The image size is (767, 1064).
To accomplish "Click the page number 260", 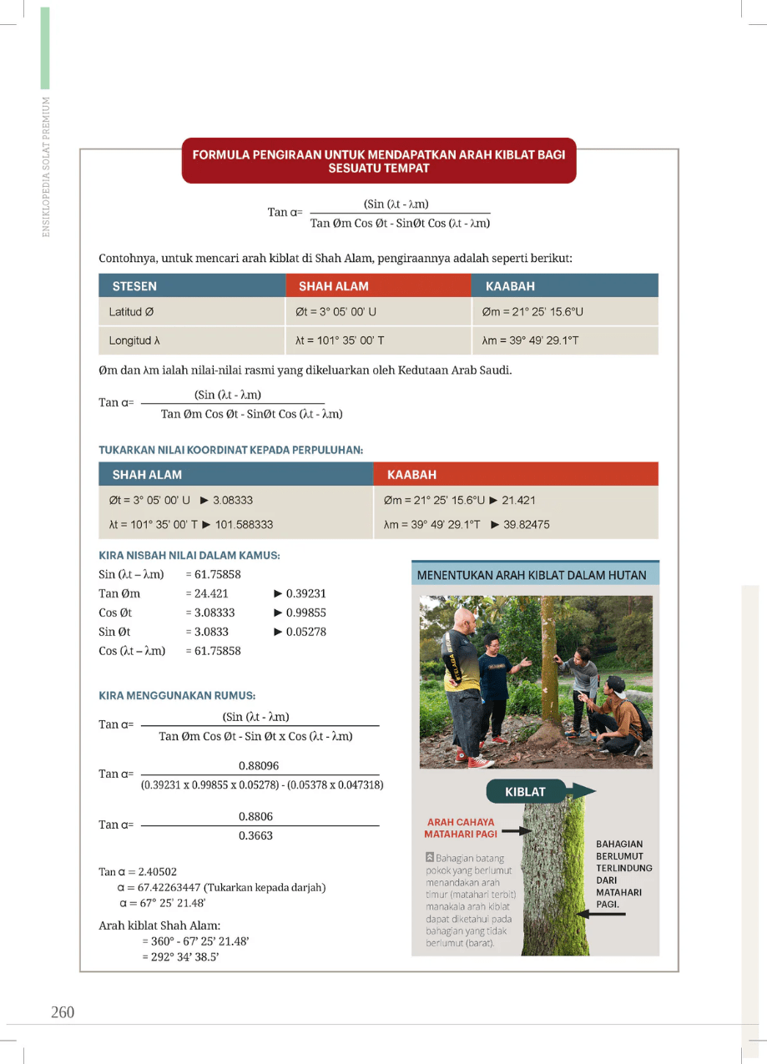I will point(63,1012).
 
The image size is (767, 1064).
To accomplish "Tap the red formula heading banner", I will point(379,161).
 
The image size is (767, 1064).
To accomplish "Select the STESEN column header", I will point(134,286).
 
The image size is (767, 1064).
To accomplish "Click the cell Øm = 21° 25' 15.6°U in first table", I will point(532,312).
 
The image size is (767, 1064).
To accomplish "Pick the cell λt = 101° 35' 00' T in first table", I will point(340,340).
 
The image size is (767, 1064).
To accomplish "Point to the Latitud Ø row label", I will point(131,312).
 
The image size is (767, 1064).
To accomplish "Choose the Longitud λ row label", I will point(134,340).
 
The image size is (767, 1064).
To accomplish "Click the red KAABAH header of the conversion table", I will point(412,474).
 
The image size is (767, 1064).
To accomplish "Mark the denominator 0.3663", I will point(255,835).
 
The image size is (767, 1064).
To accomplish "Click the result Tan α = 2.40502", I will point(138,871).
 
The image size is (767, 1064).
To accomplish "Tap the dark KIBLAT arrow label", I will point(526,791).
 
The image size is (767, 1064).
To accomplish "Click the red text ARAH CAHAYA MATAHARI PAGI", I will point(459,828).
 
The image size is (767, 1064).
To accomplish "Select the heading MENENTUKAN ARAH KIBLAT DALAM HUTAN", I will point(532,575).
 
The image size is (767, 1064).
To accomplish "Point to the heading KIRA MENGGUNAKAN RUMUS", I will point(177,694).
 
